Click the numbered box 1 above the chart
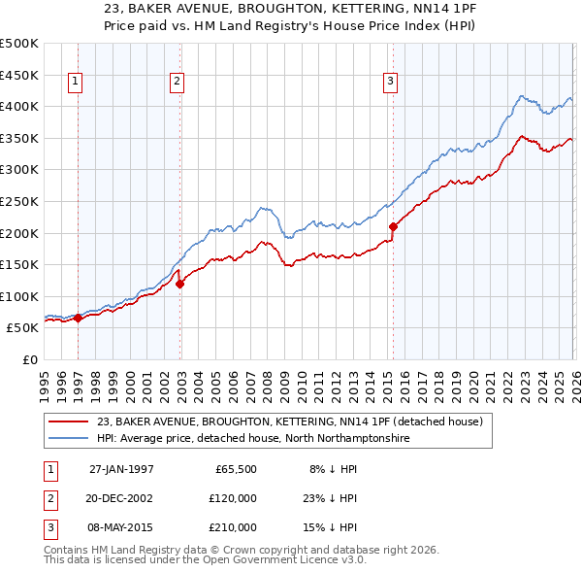(x=76, y=83)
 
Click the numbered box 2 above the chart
(x=177, y=83)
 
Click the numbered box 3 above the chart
(x=389, y=83)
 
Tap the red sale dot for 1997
(x=79, y=318)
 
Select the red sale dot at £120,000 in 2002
(x=180, y=284)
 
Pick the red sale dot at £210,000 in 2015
(x=393, y=227)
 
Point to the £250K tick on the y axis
(x=19, y=201)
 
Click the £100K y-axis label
(x=19, y=296)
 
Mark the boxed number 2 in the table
(x=48, y=497)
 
